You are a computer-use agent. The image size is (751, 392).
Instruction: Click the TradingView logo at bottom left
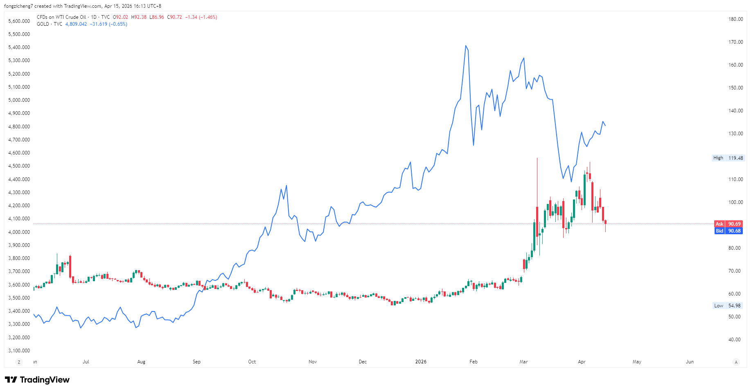[x=37, y=380]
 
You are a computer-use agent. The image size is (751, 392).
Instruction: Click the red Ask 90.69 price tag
[x=728, y=224]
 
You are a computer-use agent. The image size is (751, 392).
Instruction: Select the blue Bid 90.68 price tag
[x=728, y=231]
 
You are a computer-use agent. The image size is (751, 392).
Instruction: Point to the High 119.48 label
[x=728, y=158]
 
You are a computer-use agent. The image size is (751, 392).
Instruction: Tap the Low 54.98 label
[x=727, y=306]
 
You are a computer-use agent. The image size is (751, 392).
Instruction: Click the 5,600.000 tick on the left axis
[x=19, y=21]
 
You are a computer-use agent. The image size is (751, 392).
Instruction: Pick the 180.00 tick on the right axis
[x=735, y=19]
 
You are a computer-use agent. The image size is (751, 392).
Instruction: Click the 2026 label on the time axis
[x=421, y=362]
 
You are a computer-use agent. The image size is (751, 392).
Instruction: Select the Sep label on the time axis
[x=196, y=362]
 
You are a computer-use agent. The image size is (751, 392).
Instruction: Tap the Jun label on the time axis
[x=690, y=362]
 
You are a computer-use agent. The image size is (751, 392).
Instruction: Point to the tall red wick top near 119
[x=537, y=159]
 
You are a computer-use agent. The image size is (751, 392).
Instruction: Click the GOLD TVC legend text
[x=50, y=24]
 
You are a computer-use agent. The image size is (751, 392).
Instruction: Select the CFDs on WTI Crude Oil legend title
[x=61, y=17]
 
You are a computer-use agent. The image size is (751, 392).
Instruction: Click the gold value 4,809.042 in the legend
[x=76, y=24]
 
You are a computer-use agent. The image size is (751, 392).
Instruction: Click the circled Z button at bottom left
[x=19, y=362]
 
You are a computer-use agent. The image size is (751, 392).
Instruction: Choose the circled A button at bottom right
[x=736, y=362]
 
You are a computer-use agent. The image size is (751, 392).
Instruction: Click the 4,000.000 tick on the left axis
[x=19, y=232]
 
